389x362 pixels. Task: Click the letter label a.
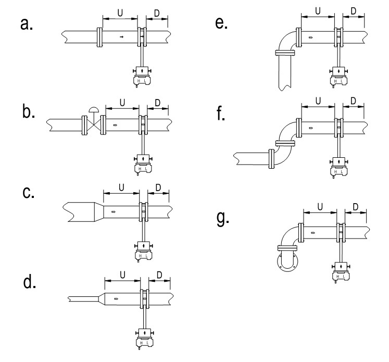coord(26,24)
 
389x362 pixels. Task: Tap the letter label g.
coord(223,218)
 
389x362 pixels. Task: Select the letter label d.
coord(30,282)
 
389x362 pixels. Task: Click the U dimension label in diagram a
coord(120,13)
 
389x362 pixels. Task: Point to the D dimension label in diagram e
coord(354,11)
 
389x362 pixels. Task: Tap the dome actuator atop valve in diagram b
coord(94,110)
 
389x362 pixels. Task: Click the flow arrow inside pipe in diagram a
coord(121,37)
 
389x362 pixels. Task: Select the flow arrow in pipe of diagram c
coord(114,211)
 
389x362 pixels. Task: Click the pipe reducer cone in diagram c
coord(99,212)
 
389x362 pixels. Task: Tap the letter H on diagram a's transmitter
coord(139,81)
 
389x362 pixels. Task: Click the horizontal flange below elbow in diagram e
coord(285,53)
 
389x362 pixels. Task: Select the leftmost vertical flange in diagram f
coord(272,159)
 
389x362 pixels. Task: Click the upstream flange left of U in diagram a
coord(99,37)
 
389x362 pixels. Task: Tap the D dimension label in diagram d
coord(159,275)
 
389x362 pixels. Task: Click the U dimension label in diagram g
coord(320,206)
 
